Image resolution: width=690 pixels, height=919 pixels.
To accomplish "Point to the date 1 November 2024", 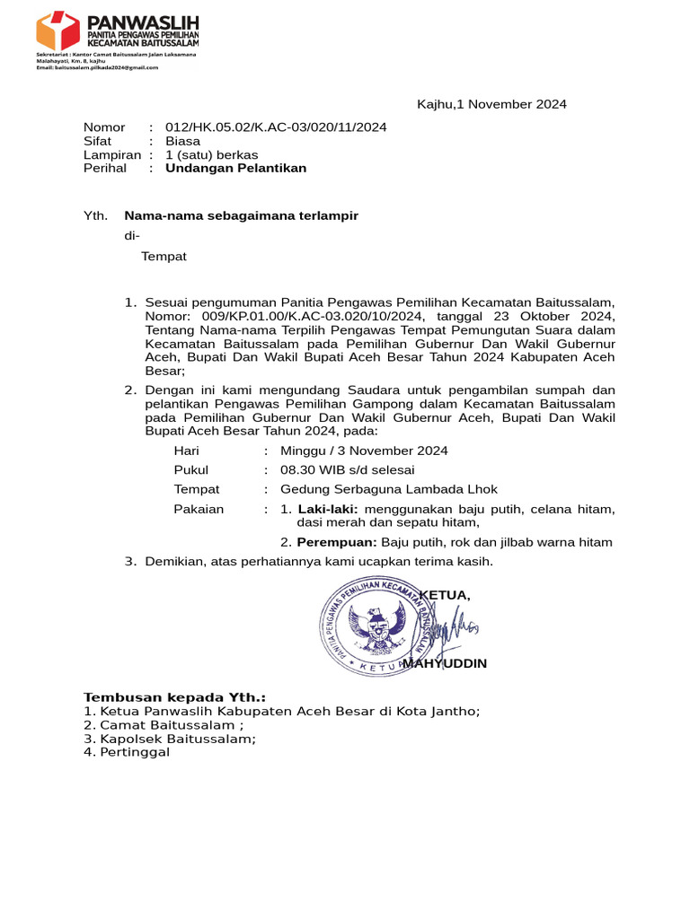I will click(x=511, y=104).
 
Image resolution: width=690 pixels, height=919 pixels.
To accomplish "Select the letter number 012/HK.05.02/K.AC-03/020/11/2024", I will click(x=276, y=127).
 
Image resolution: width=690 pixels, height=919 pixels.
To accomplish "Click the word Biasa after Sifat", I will click(x=182, y=141).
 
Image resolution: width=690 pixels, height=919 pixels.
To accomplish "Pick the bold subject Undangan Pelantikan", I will click(x=235, y=168).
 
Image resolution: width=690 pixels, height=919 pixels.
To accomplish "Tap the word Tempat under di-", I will click(x=164, y=257).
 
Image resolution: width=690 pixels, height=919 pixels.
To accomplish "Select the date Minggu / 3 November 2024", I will click(x=364, y=451).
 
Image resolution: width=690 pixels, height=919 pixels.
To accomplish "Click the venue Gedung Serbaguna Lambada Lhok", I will click(x=388, y=489).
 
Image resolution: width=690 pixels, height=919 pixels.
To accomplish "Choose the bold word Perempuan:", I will click(x=337, y=542).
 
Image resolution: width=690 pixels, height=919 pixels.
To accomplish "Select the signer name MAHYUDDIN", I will click(x=446, y=663).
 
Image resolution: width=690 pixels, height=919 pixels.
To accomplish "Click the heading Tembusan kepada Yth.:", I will click(x=174, y=697).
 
